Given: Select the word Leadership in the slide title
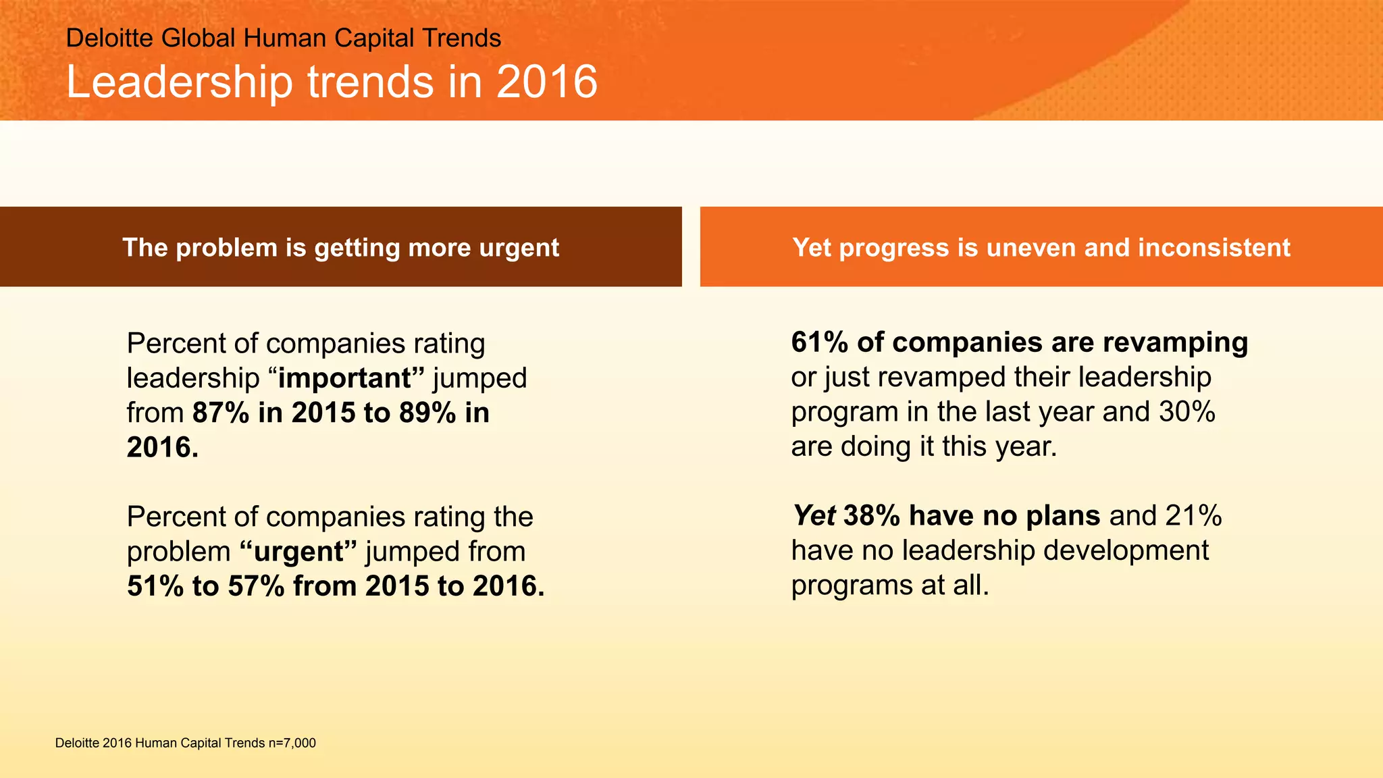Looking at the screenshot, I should pos(180,82).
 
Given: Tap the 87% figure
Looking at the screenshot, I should pos(221,413).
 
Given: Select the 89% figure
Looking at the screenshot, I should pos(427,413).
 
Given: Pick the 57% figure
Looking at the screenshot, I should pos(256,586).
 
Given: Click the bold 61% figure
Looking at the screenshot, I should pos(819,342).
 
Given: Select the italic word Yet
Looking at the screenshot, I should pos(814,516).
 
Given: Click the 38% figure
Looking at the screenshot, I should pos(872,516).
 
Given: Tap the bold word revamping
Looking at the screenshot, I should pos(1175,342).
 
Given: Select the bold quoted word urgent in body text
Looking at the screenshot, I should pos(298,552).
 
